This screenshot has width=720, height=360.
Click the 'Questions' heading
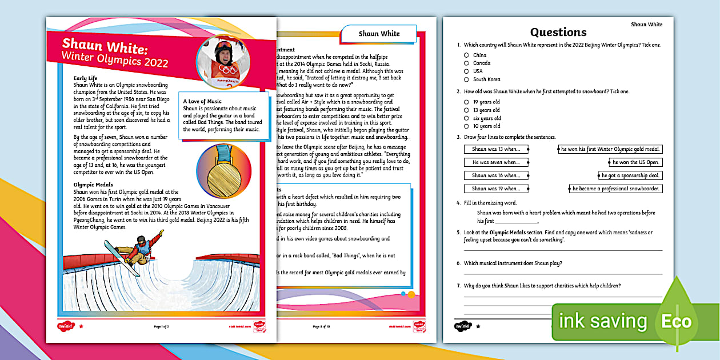558,32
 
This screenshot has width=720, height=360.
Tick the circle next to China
466,55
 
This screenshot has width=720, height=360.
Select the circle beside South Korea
466,79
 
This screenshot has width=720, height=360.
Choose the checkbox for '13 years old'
466,110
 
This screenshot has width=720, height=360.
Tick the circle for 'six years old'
466,118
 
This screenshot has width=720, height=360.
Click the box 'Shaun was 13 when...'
495,149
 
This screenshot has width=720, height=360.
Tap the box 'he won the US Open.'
636,162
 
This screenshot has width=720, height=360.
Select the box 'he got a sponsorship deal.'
630,175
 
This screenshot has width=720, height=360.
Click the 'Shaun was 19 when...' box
495,189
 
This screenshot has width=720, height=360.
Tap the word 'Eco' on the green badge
677,321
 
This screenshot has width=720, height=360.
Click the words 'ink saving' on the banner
603,322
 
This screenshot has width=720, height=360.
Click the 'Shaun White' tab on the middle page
379,34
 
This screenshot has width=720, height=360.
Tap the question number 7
458,286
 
